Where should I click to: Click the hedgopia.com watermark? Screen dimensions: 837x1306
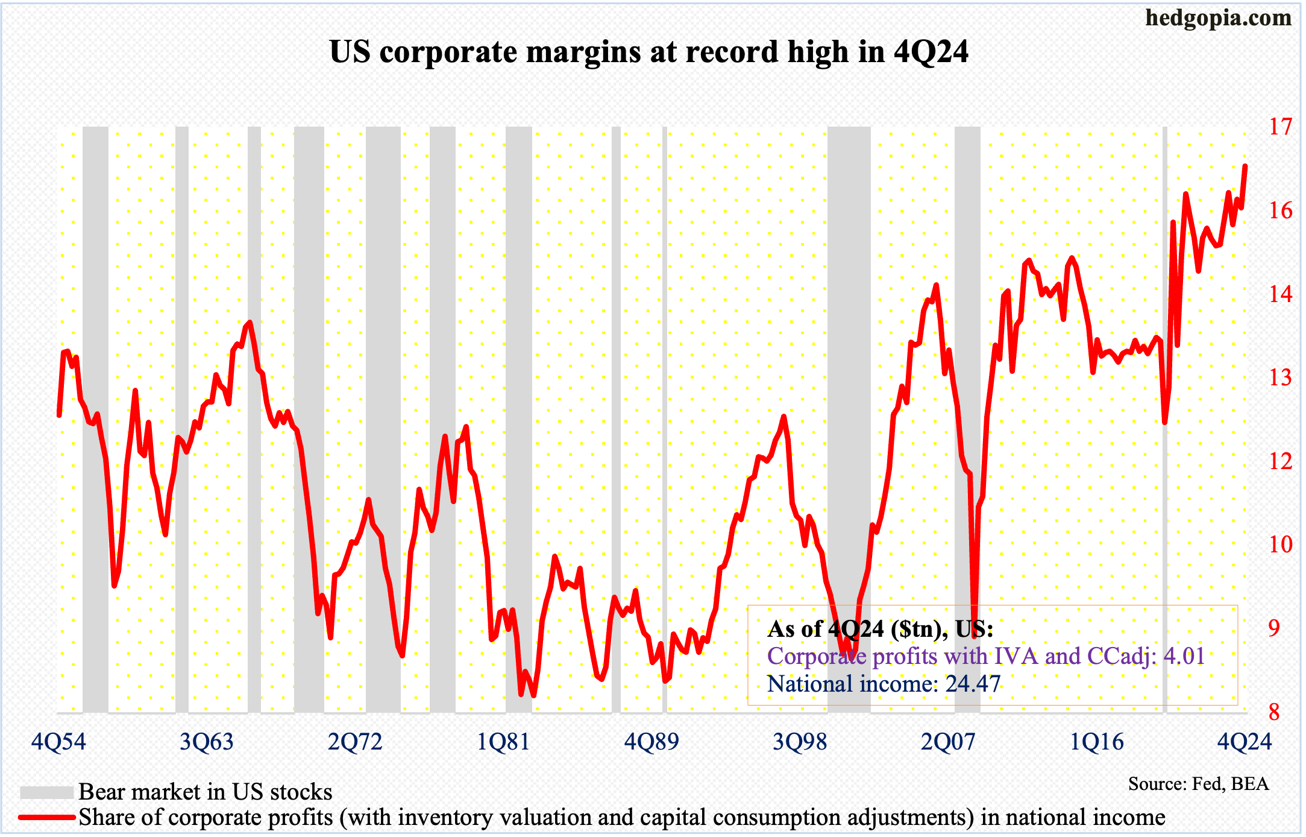[1218, 18]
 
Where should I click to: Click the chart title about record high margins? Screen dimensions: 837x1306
[649, 52]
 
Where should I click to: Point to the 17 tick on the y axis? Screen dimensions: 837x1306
[1280, 127]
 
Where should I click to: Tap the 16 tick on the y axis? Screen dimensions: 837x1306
[1280, 210]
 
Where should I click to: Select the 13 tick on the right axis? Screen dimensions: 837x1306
[1280, 377]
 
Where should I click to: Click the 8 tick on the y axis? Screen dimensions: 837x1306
[1274, 712]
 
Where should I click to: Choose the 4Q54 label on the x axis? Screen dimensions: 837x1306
[58, 741]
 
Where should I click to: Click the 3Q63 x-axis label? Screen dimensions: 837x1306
[207, 741]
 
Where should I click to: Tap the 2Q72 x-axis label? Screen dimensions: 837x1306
[355, 741]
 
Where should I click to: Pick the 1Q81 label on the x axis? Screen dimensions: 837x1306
[503, 741]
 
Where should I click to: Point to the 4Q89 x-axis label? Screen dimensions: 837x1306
[651, 741]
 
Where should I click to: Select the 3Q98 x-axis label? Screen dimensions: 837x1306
[800, 741]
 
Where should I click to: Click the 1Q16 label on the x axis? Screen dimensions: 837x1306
[1096, 741]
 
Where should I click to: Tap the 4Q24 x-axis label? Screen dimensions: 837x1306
[1245, 741]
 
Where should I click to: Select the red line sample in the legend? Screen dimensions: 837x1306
[46, 818]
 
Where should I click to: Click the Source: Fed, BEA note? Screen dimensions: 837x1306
[1198, 784]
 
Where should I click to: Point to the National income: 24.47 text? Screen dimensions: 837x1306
[884, 684]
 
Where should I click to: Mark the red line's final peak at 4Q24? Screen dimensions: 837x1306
[1245, 166]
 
